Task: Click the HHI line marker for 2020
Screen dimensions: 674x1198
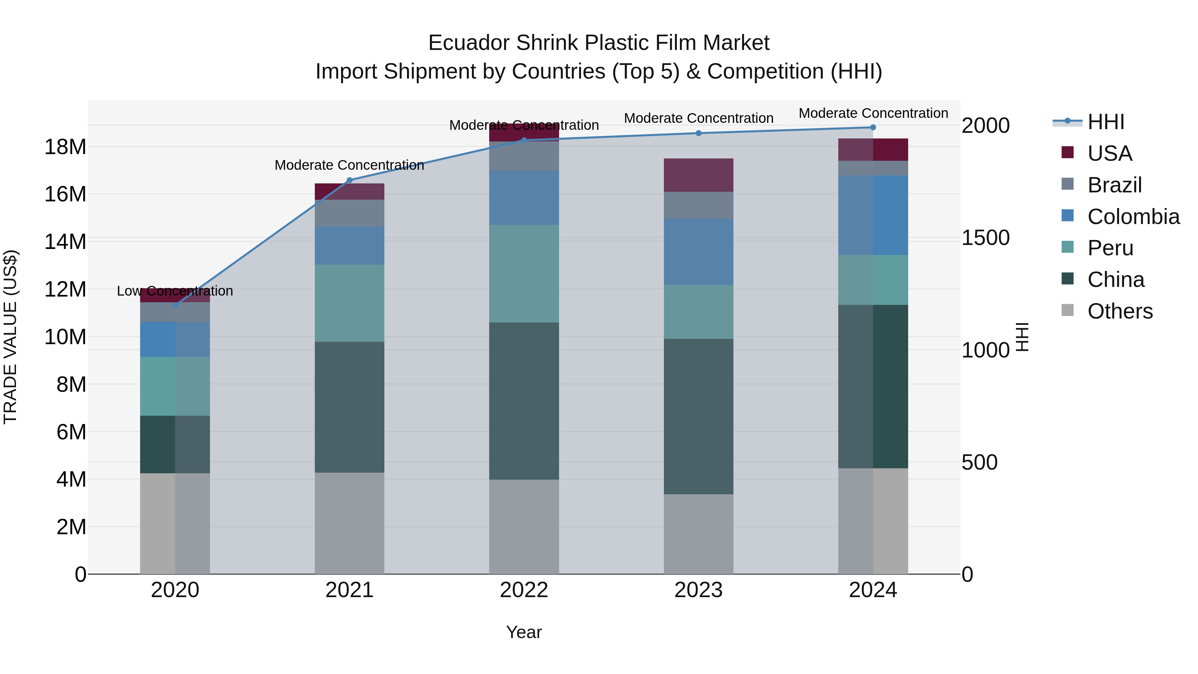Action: point(175,305)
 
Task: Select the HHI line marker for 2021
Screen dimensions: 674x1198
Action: point(350,180)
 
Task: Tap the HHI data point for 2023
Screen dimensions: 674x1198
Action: point(699,133)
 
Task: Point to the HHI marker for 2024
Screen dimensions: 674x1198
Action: point(873,127)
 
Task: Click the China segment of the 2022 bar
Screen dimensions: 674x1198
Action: point(524,401)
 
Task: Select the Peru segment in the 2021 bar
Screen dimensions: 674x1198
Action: point(350,303)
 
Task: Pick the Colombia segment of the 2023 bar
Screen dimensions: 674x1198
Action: point(699,252)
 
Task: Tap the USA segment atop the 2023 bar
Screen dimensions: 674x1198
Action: point(699,175)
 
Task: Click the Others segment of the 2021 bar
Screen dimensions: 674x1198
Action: point(350,523)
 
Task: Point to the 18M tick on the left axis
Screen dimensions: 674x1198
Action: point(65,147)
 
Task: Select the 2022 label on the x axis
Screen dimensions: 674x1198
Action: point(524,590)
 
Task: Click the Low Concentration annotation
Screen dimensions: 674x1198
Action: point(175,291)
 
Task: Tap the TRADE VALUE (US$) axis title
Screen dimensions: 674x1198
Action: point(10,337)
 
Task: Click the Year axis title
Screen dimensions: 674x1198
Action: point(524,632)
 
